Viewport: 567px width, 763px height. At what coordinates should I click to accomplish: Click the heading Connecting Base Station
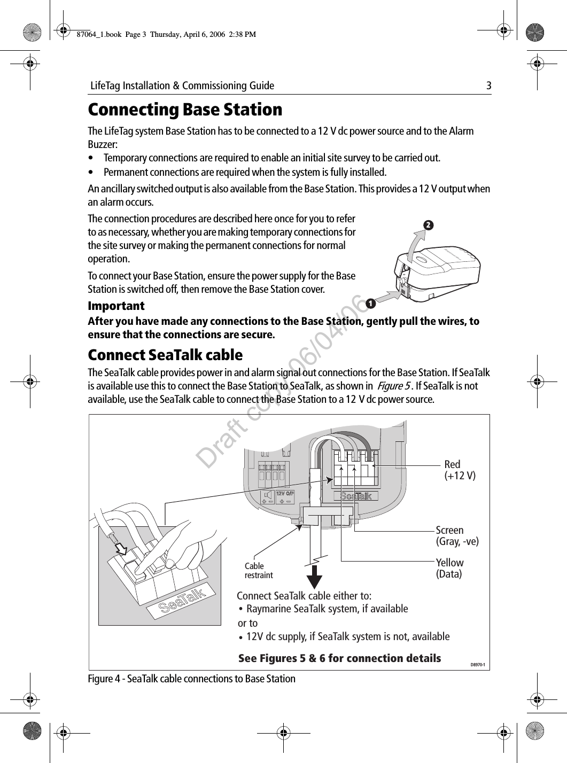(185, 110)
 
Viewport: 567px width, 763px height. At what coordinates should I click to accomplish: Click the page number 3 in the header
(488, 85)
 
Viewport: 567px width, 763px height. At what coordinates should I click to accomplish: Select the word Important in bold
(116, 306)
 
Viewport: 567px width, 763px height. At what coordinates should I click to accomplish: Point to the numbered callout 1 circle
(368, 306)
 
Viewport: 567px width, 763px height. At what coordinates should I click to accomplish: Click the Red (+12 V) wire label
(460, 470)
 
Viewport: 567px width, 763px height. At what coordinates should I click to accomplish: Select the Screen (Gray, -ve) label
(457, 536)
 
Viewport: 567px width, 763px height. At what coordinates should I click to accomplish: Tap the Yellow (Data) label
(450, 569)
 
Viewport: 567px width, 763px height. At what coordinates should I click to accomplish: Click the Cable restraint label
(259, 571)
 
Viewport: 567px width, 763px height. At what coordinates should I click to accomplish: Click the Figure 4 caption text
(191, 679)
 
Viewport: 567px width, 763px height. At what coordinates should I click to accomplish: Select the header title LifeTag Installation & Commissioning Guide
(182, 85)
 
